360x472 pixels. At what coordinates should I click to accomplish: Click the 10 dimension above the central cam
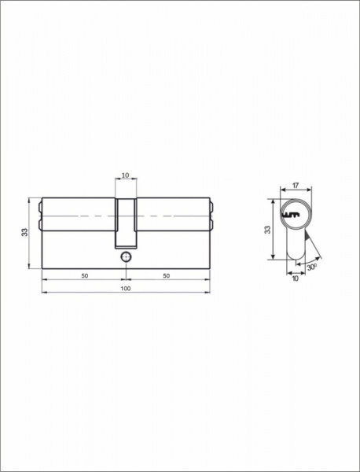click(x=126, y=175)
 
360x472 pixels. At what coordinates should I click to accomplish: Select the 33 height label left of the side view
click(x=24, y=232)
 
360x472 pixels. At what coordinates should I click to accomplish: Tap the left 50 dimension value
click(x=85, y=276)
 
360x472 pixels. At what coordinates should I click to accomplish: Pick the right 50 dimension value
click(x=167, y=276)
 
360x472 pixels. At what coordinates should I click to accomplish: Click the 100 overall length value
click(x=126, y=289)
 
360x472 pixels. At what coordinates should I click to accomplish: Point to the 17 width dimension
click(x=296, y=186)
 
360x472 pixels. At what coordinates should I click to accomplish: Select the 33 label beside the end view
click(x=267, y=230)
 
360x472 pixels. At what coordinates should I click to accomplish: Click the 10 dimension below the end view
click(x=296, y=278)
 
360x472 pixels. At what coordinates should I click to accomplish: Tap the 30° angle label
click(x=312, y=267)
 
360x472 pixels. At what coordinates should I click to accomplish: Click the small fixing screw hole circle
click(x=126, y=256)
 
